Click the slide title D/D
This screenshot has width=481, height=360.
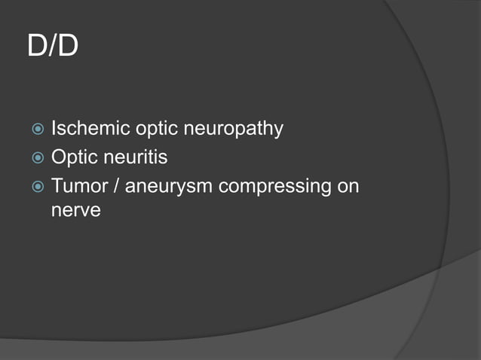pos(53,47)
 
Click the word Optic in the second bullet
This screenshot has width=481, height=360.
pos(73,159)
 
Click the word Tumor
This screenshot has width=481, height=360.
pos(78,185)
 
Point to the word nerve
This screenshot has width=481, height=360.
pos(75,211)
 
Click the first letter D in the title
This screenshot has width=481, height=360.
pos(37,47)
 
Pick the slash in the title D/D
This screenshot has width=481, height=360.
pos(53,47)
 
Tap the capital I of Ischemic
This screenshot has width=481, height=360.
pos(54,129)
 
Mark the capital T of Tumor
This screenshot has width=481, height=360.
pos(57,185)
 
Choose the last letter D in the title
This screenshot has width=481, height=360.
pos(68,47)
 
